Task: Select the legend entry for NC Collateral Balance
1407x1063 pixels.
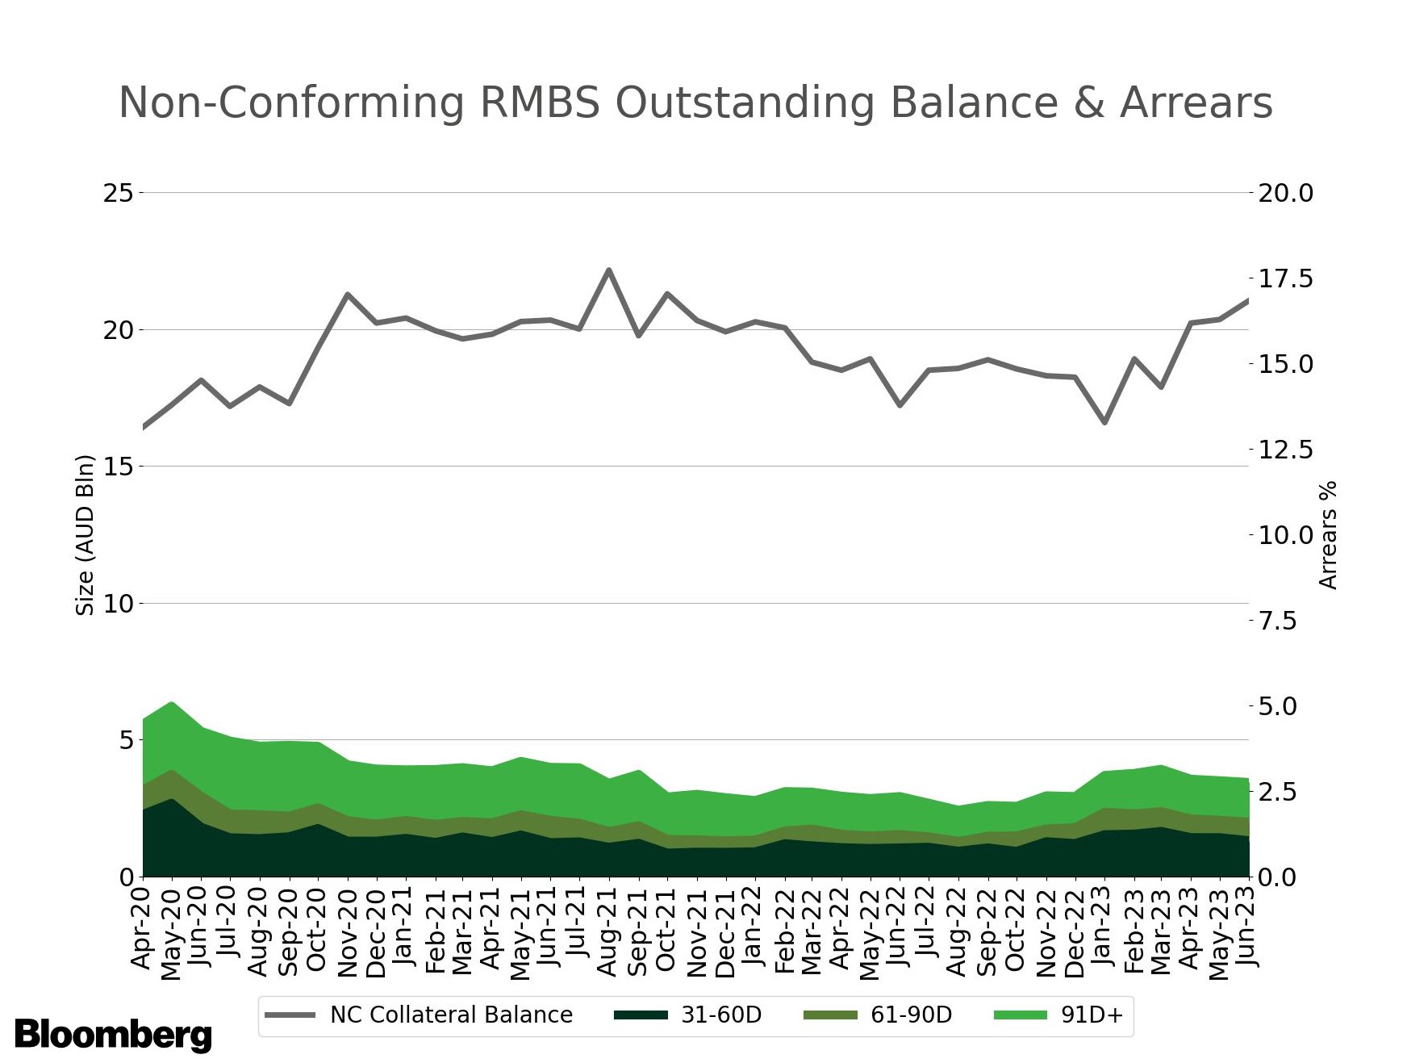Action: (419, 1015)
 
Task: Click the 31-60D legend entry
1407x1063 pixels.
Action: (688, 1015)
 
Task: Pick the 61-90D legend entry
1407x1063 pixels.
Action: (878, 1015)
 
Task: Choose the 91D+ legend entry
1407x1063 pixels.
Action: (1058, 1015)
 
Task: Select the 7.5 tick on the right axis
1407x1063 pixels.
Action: (1278, 621)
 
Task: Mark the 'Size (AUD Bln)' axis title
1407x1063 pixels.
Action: (85, 534)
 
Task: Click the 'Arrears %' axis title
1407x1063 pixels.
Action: (1328, 534)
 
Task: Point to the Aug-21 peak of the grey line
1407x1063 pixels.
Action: (609, 270)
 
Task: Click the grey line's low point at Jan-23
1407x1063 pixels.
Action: (1104, 422)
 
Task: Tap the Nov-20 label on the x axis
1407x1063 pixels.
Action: (348, 932)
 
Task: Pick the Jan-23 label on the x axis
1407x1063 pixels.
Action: (1103, 927)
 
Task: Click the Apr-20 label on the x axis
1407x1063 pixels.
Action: (142, 928)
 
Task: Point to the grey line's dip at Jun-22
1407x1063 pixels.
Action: (900, 404)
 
